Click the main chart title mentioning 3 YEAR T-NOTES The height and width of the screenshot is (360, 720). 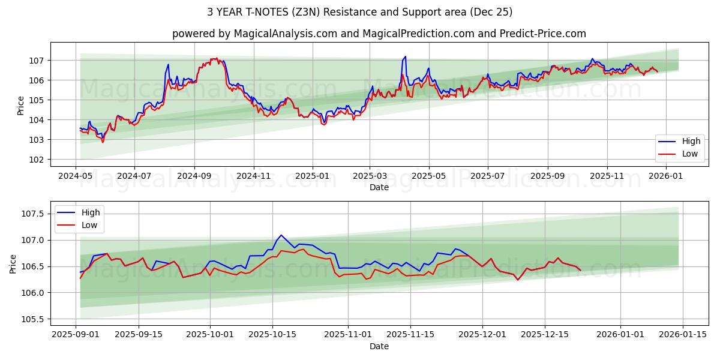pyautogui.click(x=360, y=12)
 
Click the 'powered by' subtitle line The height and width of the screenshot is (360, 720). pyautogui.click(x=379, y=34)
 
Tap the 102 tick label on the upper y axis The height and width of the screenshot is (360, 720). pyautogui.click(x=37, y=160)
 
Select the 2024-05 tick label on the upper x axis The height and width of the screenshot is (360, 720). pyautogui.click(x=75, y=176)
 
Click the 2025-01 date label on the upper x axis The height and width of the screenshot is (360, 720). pyautogui.click(x=313, y=176)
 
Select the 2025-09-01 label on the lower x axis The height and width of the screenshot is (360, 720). pyautogui.click(x=76, y=335)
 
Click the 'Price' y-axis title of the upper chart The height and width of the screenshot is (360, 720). pyautogui.click(x=21, y=105)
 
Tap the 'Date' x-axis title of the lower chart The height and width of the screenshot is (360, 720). pyautogui.click(x=379, y=346)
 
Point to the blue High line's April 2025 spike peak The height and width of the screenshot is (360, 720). pyautogui.click(x=406, y=56)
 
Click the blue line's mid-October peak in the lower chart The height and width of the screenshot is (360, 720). pyautogui.click(x=281, y=235)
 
